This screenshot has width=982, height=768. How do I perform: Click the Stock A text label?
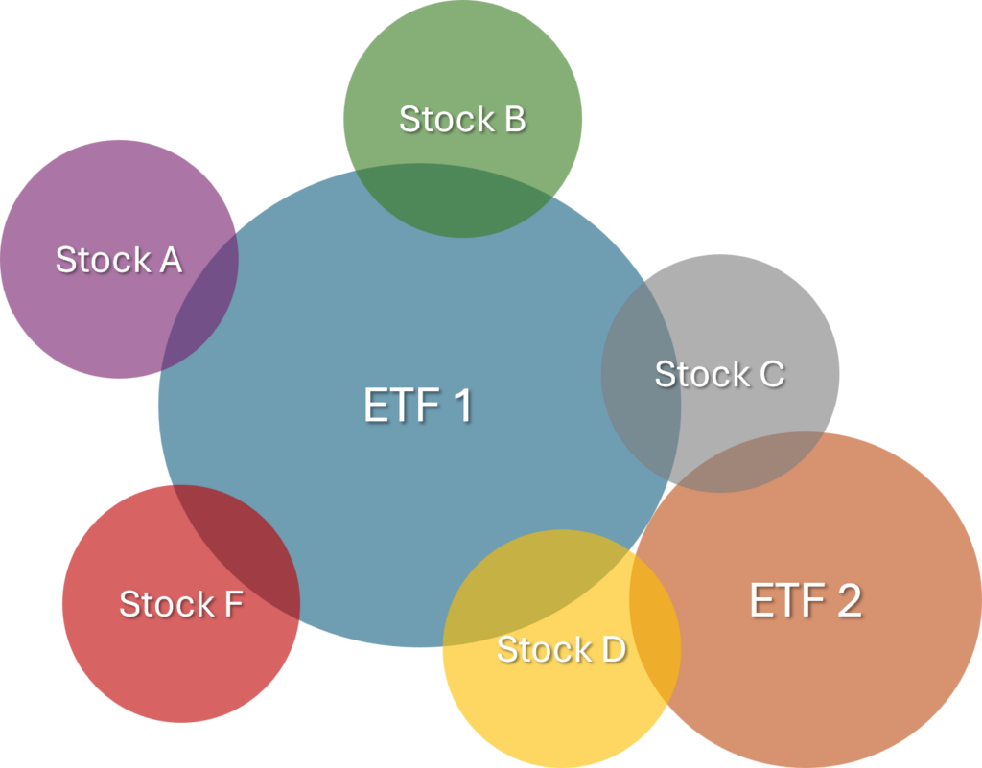pos(118,260)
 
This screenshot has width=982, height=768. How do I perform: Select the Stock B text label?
pos(462,120)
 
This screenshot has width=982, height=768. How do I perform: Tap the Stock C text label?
pos(719,374)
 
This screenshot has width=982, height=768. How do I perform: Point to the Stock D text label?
pos(561,650)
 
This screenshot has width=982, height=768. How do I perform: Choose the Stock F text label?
pos(180,604)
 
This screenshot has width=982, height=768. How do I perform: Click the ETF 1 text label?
pos(418,406)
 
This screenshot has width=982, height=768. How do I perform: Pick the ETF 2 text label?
pos(805,600)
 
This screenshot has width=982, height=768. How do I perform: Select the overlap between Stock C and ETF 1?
pos(641,374)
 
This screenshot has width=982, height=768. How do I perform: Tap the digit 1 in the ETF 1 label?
pos(460,406)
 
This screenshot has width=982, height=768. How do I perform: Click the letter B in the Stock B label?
pos(513,120)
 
